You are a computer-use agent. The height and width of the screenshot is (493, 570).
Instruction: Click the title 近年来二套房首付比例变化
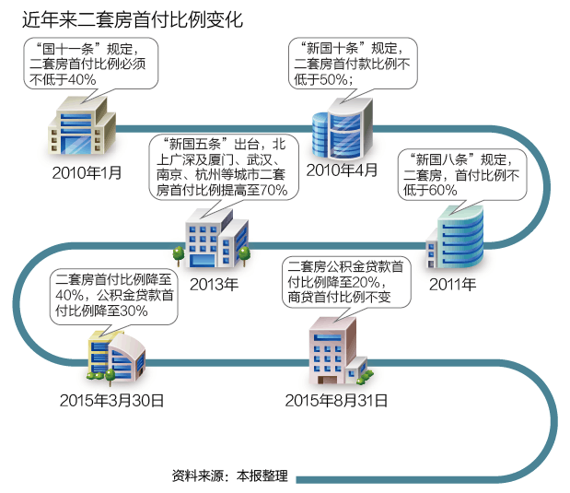click(x=127, y=18)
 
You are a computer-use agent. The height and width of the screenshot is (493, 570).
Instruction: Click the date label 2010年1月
click(x=87, y=172)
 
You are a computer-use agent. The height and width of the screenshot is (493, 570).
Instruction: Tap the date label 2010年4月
click(x=342, y=170)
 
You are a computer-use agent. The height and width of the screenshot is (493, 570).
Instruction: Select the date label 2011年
click(x=453, y=283)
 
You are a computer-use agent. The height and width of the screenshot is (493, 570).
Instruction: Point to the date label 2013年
click(x=214, y=284)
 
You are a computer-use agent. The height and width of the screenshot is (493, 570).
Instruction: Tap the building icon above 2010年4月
click(x=341, y=129)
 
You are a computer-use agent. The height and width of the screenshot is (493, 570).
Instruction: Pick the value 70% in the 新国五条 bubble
click(x=273, y=190)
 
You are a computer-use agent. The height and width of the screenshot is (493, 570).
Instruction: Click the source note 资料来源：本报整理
click(x=230, y=476)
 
